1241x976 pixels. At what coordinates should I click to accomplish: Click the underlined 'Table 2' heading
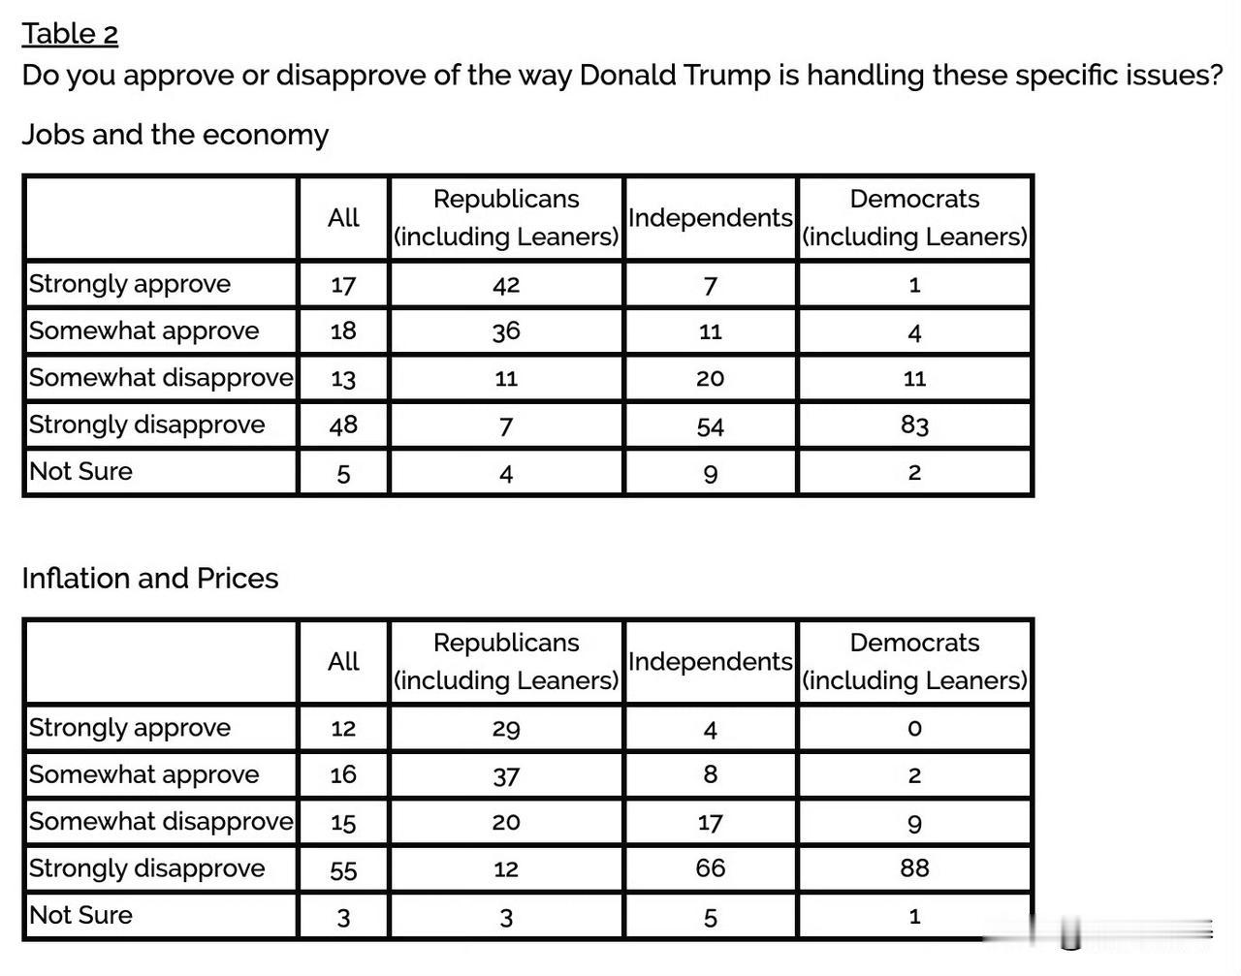tap(70, 33)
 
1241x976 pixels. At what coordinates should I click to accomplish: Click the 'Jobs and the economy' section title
tap(175, 135)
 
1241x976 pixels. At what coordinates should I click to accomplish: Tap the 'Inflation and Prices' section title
tap(150, 579)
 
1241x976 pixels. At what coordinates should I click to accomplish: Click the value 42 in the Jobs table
tap(506, 285)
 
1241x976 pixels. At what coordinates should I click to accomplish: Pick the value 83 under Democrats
tap(914, 425)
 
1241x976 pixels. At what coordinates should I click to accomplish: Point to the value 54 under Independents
tap(710, 427)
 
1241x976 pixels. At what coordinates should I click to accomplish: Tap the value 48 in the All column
tap(343, 425)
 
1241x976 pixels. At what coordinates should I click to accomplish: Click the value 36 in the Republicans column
tap(506, 331)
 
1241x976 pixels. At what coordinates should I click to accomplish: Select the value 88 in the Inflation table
tap(914, 868)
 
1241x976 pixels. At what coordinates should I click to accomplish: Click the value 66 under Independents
tap(710, 868)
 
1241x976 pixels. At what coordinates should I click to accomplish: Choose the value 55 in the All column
tap(343, 870)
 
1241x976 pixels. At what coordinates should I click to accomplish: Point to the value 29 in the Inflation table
tap(506, 729)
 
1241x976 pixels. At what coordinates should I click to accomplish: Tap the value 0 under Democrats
tap(914, 729)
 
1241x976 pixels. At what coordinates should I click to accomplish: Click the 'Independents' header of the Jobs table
tap(711, 218)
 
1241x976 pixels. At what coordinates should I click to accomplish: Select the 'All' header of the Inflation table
tap(343, 661)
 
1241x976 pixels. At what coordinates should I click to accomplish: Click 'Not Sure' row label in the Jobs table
tap(80, 472)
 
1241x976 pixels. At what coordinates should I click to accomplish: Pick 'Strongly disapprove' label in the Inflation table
tap(147, 868)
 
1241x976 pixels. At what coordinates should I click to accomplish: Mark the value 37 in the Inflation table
tap(506, 776)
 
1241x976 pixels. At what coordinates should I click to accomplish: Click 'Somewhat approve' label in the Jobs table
tap(144, 331)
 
